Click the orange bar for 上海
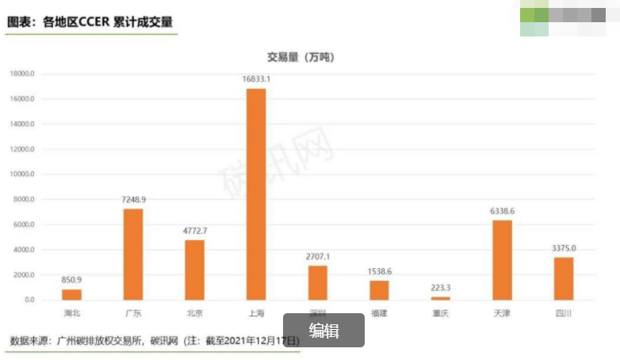(x=256, y=194)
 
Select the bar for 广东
(x=133, y=254)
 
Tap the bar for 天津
(x=502, y=259)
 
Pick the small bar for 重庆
(x=440, y=297)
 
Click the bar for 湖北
(x=71, y=294)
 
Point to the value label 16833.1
(x=256, y=79)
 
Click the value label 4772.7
(x=194, y=230)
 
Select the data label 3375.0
(x=564, y=247)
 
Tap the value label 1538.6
(x=379, y=271)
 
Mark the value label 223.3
(x=440, y=288)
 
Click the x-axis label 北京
(x=194, y=313)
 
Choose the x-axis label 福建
(x=379, y=313)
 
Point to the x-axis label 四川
(x=564, y=313)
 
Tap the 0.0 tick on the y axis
(x=29, y=300)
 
